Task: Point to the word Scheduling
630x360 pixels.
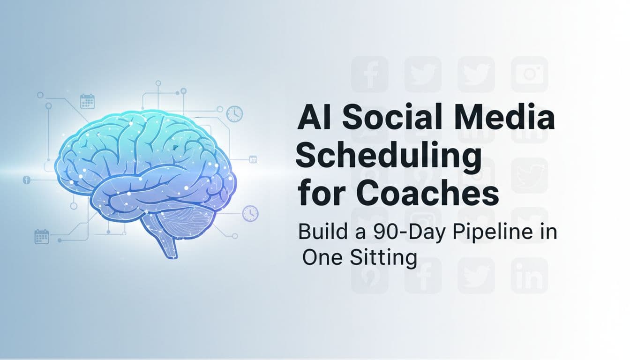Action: point(388,157)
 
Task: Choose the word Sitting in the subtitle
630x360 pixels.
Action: point(383,258)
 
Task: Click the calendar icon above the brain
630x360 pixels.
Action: point(87,101)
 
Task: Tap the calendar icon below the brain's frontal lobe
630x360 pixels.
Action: point(42,236)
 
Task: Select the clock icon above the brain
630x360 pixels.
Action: point(234,114)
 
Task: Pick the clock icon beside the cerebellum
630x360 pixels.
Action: point(250,213)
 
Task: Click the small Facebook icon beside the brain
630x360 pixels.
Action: point(26,180)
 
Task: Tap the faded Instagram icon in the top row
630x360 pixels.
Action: point(529,74)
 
